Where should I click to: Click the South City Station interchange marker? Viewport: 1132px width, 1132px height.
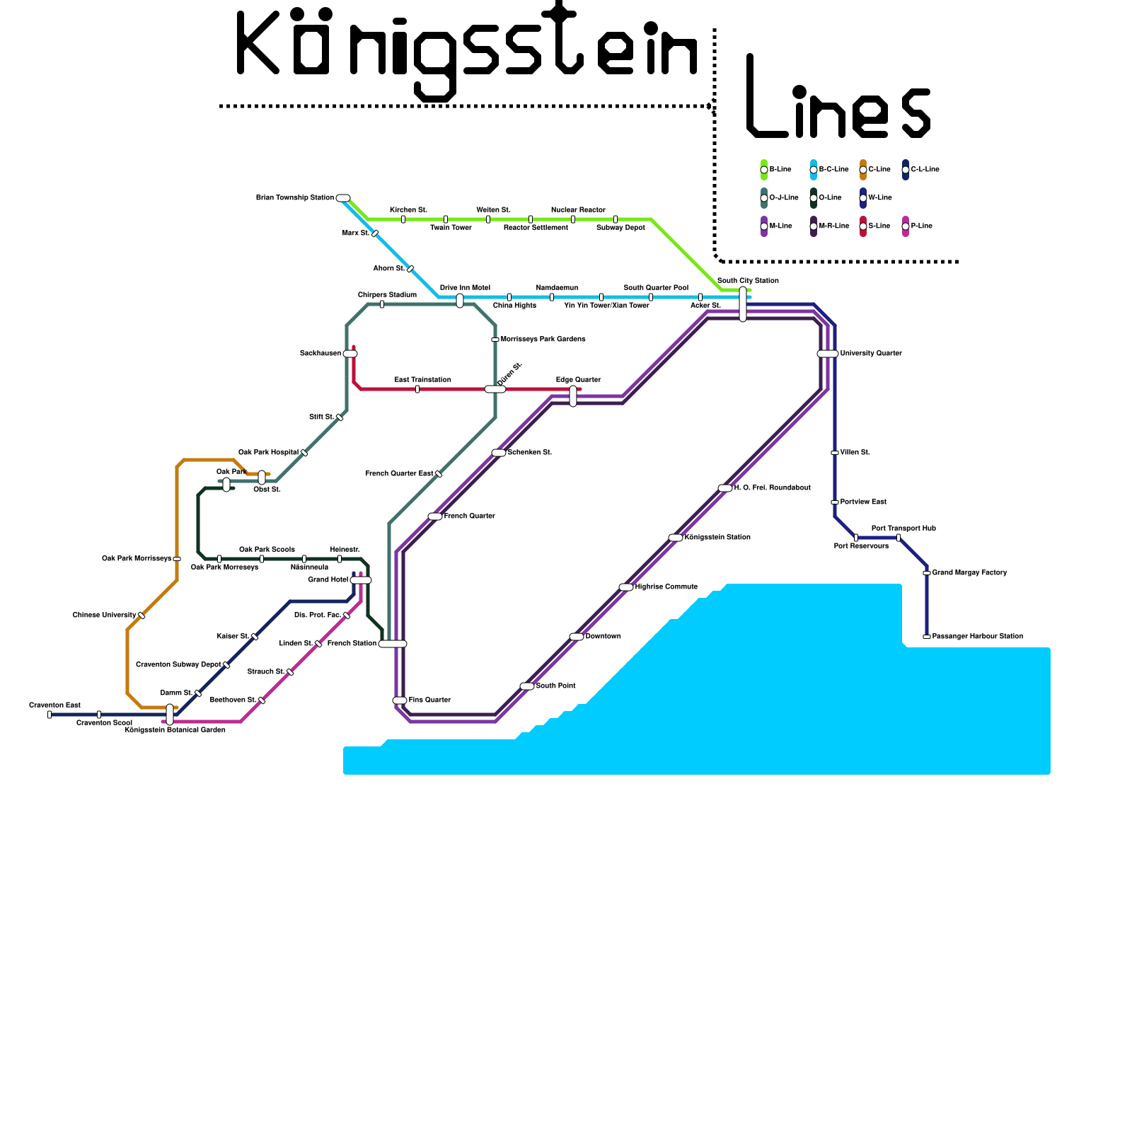pos(743,304)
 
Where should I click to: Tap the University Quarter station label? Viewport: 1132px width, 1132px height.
pos(870,354)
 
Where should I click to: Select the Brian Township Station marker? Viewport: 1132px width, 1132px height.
pos(343,198)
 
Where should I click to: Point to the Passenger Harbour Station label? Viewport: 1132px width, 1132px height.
pos(977,637)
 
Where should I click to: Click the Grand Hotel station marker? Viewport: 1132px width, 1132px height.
pos(361,580)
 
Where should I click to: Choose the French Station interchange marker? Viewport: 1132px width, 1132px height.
pos(393,644)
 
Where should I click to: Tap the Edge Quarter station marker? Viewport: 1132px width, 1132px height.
pos(573,396)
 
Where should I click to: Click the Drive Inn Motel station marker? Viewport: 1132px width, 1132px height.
pos(460,301)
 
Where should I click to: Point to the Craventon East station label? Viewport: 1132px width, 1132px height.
pos(54,705)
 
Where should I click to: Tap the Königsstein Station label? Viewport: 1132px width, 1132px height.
pos(717,538)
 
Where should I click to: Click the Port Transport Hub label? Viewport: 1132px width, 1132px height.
pos(903,529)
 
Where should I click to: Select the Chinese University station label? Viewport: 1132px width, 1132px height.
pos(104,616)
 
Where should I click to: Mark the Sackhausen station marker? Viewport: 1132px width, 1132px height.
pos(350,354)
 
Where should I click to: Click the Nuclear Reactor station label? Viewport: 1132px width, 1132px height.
pos(578,210)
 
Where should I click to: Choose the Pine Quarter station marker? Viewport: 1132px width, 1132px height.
pos(400,700)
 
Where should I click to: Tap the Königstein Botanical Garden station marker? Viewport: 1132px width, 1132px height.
pos(170,715)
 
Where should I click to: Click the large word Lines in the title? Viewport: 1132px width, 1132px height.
pos(838,99)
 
